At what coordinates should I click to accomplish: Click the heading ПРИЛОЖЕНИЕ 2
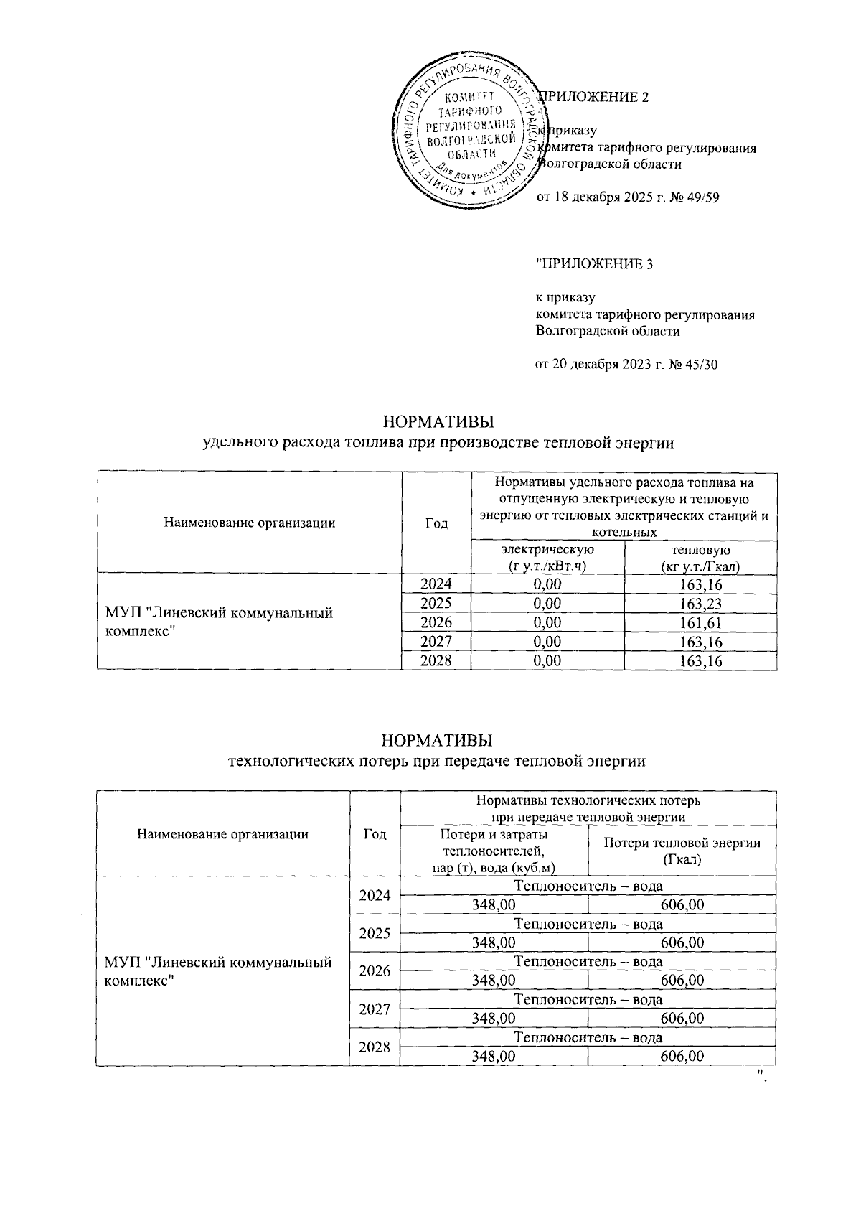(x=596, y=98)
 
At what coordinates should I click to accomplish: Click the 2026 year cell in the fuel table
(x=436, y=623)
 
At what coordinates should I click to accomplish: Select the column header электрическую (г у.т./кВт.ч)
(x=547, y=558)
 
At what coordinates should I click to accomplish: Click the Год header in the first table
(x=436, y=523)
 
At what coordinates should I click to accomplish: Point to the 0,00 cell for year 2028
(x=547, y=661)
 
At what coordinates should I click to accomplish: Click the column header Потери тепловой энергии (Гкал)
(x=681, y=851)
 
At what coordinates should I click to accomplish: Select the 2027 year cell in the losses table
(x=375, y=1009)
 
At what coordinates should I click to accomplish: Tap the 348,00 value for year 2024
(x=493, y=905)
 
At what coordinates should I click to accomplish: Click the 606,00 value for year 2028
(x=681, y=1056)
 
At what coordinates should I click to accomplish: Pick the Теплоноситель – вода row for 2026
(x=588, y=962)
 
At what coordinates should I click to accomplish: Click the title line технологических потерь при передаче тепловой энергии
(x=436, y=761)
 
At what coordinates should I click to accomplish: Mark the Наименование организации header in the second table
(x=222, y=834)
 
